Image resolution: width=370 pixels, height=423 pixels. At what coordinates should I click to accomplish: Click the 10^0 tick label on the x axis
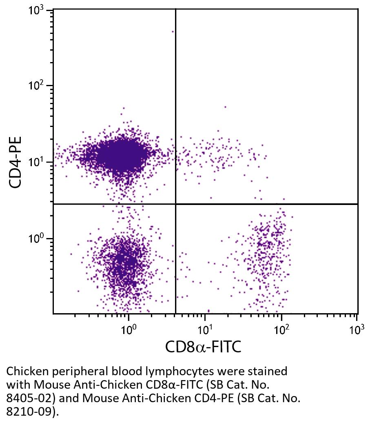pos(129,329)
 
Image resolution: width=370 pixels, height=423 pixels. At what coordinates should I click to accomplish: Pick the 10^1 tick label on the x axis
pos(205,329)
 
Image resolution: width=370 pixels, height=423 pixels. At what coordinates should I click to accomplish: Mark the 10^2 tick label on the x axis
pos(281,329)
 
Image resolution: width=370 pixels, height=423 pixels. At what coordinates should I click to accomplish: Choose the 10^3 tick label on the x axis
pos(357,329)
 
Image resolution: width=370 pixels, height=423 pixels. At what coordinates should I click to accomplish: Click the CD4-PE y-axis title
pos(16,162)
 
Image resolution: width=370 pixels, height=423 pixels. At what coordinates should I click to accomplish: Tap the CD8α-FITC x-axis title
pos(203,347)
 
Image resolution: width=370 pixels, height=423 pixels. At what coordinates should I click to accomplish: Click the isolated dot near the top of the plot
pos(173,31)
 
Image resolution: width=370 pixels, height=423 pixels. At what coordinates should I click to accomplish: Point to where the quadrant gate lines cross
pos(175,204)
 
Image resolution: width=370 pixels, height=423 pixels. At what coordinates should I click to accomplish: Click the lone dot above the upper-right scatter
pos(225,107)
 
